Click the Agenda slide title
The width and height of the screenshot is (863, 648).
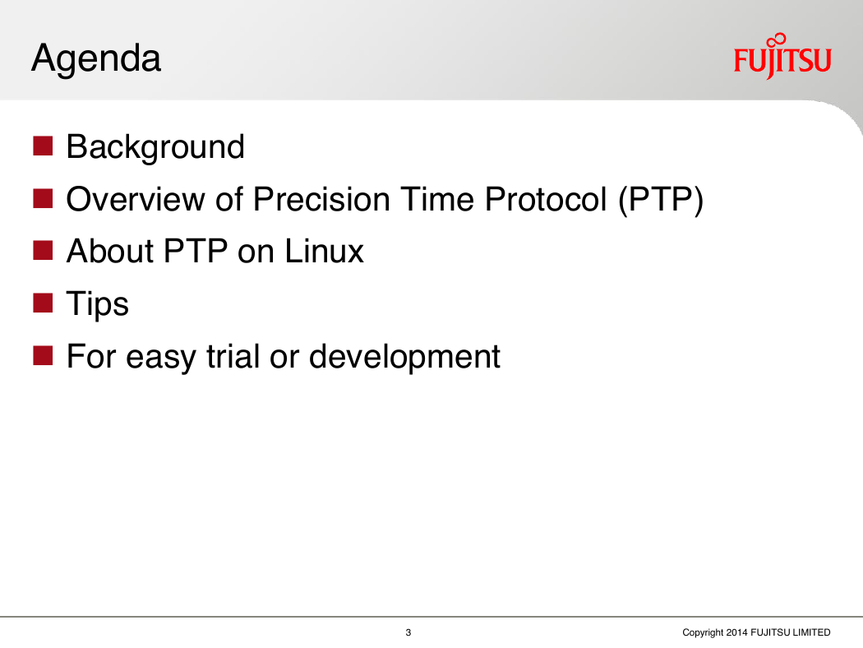coord(96,59)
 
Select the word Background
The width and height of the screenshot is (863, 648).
coord(155,148)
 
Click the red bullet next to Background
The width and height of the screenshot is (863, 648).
coord(43,146)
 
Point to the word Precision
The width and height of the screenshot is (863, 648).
coord(321,199)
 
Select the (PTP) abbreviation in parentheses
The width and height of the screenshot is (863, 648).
coord(661,200)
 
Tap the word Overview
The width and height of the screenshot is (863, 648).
coord(136,199)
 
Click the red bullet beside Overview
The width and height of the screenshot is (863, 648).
coord(43,198)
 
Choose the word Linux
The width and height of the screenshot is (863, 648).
coord(324,251)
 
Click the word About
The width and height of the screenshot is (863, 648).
coord(110,251)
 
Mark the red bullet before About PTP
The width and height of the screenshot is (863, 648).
coord(43,251)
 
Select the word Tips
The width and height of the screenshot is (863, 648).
coord(98,304)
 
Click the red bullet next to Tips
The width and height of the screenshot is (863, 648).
coord(43,303)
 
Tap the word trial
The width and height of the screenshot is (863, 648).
coord(233,355)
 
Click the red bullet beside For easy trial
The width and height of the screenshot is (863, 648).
coord(43,355)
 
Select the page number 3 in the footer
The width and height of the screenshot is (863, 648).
coord(408,632)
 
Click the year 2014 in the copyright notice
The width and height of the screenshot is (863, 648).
coord(736,632)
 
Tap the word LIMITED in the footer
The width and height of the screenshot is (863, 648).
coord(812,632)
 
